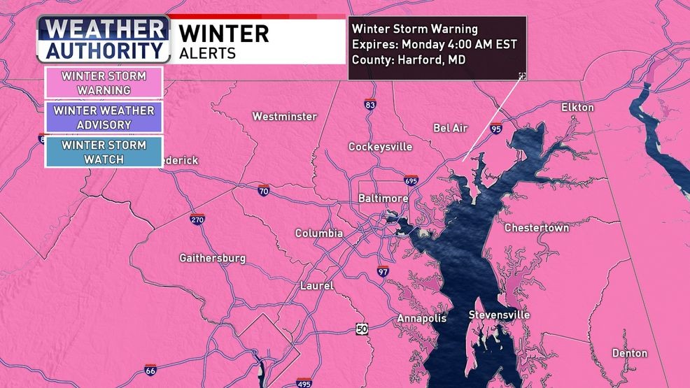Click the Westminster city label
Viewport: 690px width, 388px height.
tap(284, 116)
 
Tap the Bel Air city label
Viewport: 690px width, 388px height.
tap(450, 128)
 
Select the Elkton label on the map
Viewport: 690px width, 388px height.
tap(577, 107)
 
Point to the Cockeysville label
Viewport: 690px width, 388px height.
tap(380, 147)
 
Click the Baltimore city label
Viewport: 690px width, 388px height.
tap(383, 199)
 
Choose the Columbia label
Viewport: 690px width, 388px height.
tap(318, 233)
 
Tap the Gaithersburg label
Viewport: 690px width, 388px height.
tap(212, 258)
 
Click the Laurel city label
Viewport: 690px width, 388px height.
tap(316, 286)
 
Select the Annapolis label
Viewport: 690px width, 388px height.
tap(421, 318)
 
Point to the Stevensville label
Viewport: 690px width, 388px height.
tap(499, 315)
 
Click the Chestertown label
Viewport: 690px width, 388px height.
tap(537, 228)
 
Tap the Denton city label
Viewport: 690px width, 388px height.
tap(629, 353)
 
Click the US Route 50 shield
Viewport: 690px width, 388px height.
tap(361, 329)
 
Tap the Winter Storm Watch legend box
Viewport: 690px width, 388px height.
tap(104, 152)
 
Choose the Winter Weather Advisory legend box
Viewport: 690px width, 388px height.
tap(104, 117)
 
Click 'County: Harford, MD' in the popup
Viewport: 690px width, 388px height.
tap(409, 59)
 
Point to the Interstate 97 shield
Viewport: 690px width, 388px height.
tap(382, 271)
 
